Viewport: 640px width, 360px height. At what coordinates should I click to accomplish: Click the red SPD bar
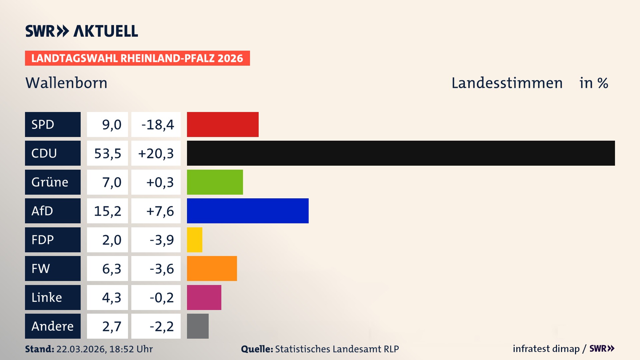click(223, 124)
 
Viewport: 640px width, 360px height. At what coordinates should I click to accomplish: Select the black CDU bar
click(401, 153)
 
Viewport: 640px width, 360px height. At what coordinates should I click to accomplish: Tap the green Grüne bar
click(215, 182)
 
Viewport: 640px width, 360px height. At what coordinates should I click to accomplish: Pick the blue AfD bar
click(248, 211)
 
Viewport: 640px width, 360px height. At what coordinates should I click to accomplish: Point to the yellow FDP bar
click(194, 240)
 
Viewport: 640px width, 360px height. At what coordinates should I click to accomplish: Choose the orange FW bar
click(212, 268)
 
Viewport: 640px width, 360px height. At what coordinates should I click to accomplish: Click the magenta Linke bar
click(204, 297)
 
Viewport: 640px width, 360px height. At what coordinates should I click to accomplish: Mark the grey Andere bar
click(198, 326)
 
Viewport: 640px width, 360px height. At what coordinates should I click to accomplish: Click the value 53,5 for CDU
click(107, 153)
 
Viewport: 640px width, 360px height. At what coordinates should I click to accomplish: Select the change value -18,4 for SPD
click(157, 125)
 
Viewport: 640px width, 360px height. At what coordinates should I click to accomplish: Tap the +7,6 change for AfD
click(160, 211)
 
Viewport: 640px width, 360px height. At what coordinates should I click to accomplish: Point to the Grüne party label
click(50, 182)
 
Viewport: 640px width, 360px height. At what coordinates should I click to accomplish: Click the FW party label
click(41, 268)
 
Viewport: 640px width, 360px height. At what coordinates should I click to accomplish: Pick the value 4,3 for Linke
click(111, 297)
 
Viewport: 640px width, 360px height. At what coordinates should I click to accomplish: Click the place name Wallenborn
click(66, 83)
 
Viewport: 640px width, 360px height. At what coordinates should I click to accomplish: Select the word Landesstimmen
click(507, 83)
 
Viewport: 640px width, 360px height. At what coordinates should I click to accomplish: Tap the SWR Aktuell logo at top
click(81, 31)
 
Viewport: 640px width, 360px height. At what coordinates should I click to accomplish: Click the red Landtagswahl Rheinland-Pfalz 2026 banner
click(137, 58)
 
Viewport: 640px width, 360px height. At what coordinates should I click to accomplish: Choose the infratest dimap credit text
click(546, 349)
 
